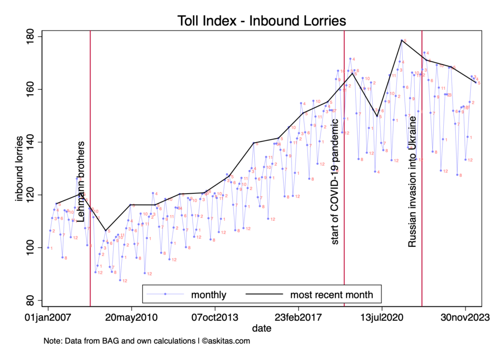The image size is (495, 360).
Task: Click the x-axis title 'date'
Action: (262, 329)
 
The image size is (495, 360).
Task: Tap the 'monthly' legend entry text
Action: (208, 294)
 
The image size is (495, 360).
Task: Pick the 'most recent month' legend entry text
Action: (332, 294)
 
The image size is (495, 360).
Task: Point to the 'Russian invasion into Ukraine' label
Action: (412, 187)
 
